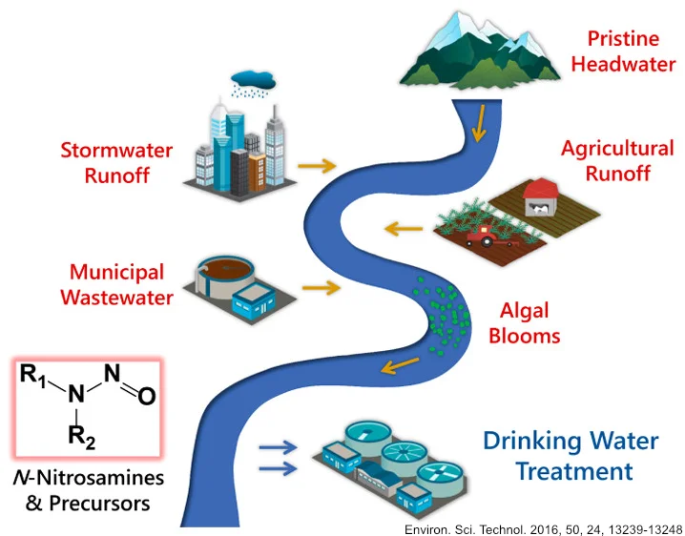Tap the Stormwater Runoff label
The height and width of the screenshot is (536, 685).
point(116,162)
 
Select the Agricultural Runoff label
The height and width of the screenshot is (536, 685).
point(617,160)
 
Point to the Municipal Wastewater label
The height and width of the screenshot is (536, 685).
point(116,284)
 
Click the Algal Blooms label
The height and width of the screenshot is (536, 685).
point(529,322)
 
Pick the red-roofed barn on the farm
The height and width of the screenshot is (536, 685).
point(540,195)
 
